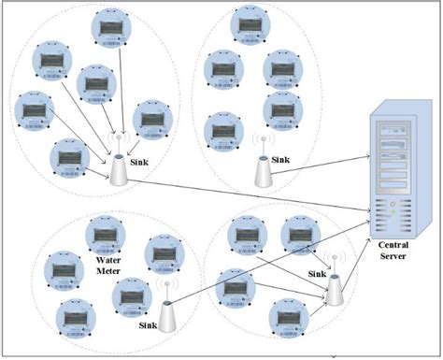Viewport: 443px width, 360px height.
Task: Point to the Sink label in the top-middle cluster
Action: coord(282,160)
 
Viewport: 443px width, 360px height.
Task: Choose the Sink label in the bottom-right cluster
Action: coord(320,276)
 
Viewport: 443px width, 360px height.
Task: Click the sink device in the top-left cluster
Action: coord(120,169)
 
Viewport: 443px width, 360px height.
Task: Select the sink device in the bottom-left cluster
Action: coord(168,316)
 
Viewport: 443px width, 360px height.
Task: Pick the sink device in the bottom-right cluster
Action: coord(335,291)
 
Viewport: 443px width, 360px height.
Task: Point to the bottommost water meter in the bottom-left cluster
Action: coord(76,317)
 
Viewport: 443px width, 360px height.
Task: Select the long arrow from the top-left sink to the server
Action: coord(243,193)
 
